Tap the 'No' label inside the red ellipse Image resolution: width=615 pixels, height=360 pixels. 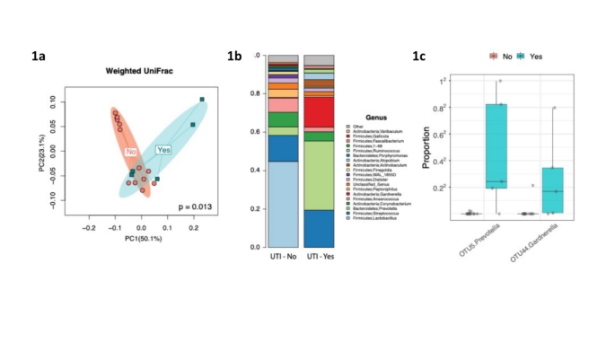pos(131,152)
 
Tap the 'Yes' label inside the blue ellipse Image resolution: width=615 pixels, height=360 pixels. pos(164,150)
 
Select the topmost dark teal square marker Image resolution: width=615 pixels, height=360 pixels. pos(202,100)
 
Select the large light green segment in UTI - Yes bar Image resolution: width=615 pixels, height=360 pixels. pos(319,175)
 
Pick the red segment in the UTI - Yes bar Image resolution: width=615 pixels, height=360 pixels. pos(319,111)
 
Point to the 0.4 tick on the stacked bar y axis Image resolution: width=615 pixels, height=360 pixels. pos(259,170)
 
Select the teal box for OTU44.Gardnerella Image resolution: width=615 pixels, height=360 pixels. pos(554,189)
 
